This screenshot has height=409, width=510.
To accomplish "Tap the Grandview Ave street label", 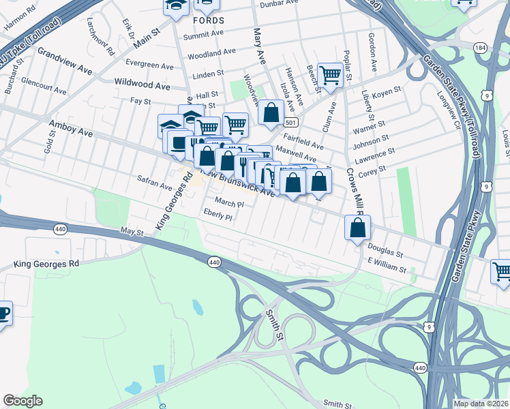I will coord(65,61).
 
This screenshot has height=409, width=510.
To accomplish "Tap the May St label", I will coord(132,232).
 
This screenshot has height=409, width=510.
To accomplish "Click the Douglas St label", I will coord(386,252).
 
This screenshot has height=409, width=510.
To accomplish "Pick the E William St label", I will coord(387,267).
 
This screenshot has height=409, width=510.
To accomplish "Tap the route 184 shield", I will coord(481,48).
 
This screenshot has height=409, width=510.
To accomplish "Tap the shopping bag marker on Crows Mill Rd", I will coord(357,227).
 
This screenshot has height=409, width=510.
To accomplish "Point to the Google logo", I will coord(22,401).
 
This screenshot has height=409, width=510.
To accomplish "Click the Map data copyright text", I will coord(481,404).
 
